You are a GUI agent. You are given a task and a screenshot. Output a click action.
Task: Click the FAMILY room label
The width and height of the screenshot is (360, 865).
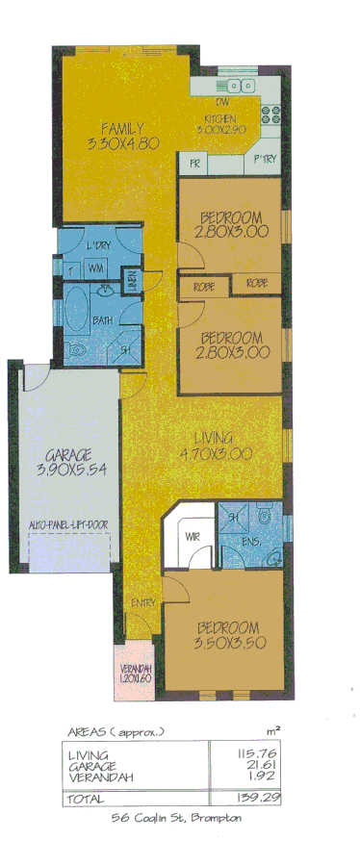124,128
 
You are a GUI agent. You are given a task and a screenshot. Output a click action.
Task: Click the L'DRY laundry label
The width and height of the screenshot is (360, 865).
98,244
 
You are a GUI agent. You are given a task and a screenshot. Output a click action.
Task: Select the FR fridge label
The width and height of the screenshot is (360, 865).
194,164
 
